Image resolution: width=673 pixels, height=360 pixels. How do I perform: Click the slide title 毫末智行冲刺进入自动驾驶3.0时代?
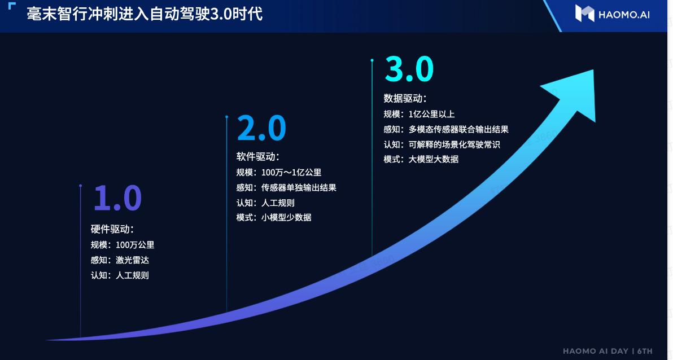(145, 14)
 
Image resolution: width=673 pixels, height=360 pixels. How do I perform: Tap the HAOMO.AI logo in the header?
(612, 14)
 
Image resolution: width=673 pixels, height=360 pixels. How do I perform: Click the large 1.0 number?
(117, 198)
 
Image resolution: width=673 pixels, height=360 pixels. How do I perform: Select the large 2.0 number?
(261, 128)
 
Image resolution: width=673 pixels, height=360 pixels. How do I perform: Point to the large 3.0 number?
(409, 69)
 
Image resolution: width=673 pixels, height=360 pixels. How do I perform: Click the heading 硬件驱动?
(112, 229)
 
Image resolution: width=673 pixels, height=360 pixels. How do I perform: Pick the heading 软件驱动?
(258, 157)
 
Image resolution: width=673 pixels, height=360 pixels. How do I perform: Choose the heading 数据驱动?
(405, 98)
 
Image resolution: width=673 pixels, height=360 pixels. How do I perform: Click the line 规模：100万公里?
(123, 245)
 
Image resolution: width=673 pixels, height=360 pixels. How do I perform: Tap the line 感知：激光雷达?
(120, 260)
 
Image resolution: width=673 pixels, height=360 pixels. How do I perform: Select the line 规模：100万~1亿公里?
(278, 172)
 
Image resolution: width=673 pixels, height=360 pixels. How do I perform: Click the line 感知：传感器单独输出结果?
(286, 187)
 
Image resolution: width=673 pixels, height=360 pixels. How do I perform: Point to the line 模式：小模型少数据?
(273, 217)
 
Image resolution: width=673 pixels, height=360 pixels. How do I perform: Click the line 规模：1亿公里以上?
(419, 114)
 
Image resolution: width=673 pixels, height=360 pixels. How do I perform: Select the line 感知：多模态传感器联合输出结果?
(446, 129)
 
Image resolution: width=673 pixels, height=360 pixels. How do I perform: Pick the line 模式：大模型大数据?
(421, 159)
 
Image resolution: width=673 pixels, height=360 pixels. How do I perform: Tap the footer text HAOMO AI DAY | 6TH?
(607, 351)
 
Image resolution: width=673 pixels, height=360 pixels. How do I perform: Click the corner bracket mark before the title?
(12, 6)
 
